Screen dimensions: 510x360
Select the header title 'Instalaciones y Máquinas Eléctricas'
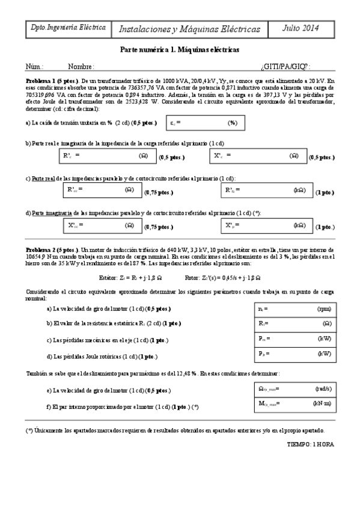click(x=190, y=29)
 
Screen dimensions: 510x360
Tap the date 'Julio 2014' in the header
click(x=301, y=28)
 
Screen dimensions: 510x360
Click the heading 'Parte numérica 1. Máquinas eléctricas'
click(x=180, y=50)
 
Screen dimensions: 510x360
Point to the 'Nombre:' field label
click(x=81, y=67)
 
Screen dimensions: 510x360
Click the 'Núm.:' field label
click(x=34, y=67)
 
